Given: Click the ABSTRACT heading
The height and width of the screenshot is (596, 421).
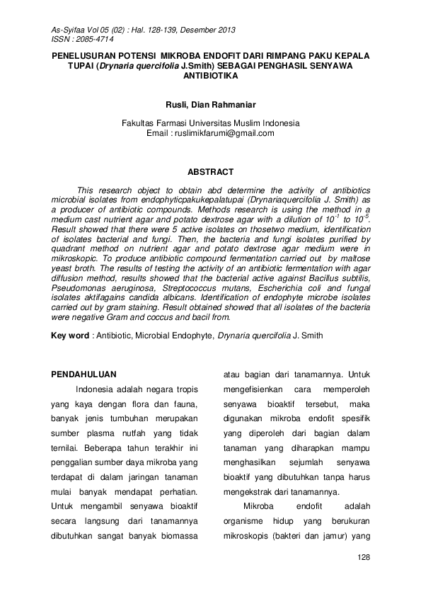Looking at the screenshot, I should point(210,172).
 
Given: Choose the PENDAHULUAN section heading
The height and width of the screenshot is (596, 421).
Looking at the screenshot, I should point(86,374).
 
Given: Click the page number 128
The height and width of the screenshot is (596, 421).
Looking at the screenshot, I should point(364,558).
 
